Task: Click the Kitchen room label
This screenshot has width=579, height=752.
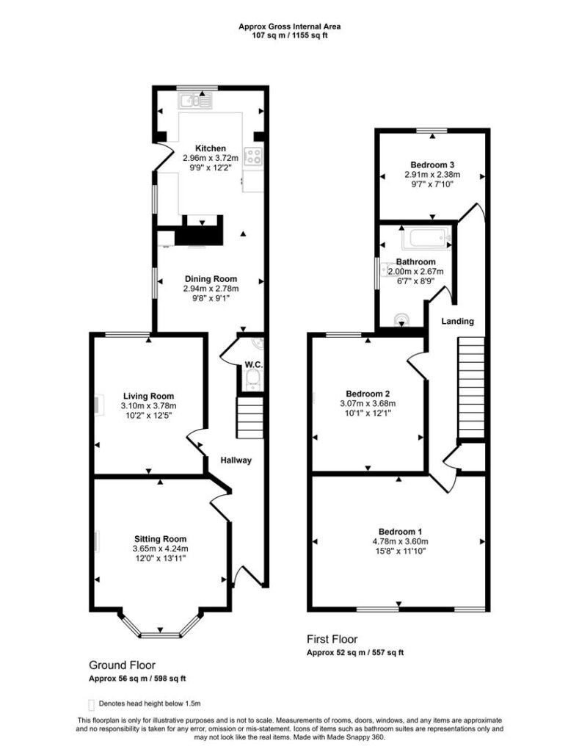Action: (211, 148)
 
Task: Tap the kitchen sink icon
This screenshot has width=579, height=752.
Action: (195, 100)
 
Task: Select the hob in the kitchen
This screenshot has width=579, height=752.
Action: (254, 156)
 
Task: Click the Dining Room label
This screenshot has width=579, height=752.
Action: (211, 278)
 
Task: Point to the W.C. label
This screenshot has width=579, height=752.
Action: (253, 365)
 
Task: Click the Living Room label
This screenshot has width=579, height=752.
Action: (148, 396)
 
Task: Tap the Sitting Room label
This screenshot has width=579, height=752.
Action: (160, 539)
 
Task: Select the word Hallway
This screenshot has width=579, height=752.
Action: (236, 460)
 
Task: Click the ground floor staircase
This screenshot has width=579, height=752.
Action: (250, 417)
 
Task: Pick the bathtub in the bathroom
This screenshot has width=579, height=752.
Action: (426, 238)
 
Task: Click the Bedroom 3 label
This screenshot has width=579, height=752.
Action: (432, 165)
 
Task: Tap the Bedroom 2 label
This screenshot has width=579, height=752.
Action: (368, 394)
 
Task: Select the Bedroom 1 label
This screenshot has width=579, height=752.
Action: (400, 532)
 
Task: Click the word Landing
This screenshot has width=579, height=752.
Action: (457, 322)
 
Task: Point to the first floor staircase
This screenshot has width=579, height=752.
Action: (471, 388)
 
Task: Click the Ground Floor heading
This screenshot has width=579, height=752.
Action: (123, 665)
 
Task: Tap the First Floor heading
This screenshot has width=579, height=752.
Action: (332, 640)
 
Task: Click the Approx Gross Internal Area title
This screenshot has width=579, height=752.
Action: (289, 27)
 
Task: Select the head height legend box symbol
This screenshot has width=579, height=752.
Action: (91, 704)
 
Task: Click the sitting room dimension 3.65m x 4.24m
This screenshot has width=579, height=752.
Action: (160, 549)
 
